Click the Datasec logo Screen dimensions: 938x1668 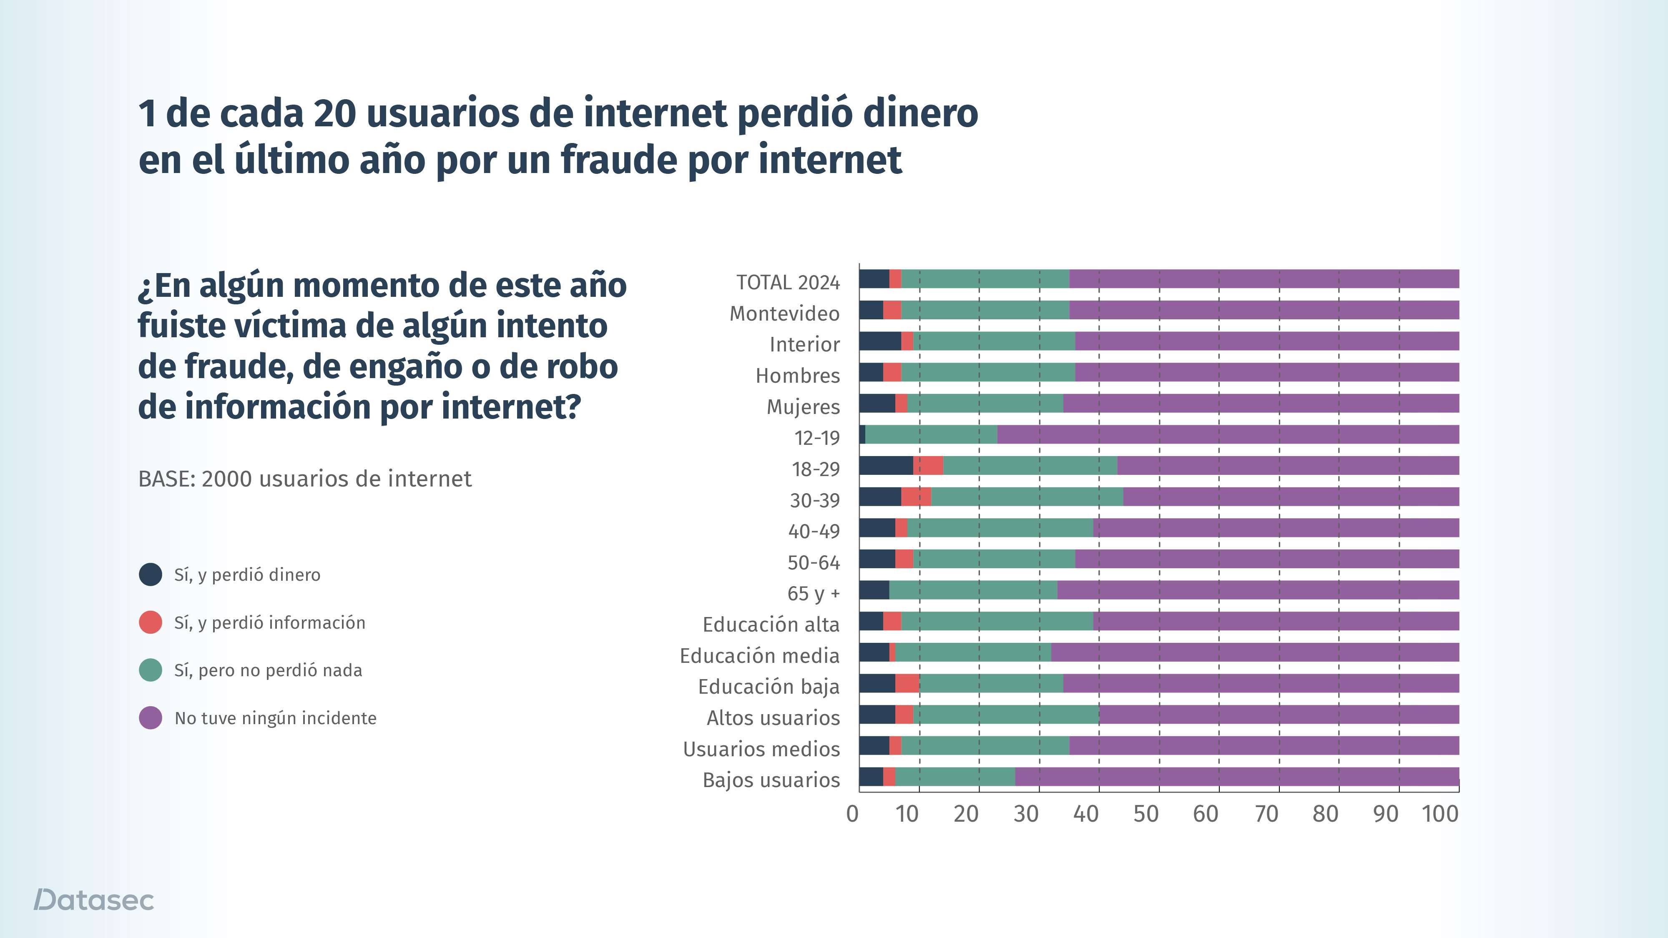[94, 900]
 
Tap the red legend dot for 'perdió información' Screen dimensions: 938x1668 [150, 622]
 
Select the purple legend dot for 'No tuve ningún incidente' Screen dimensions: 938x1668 [150, 718]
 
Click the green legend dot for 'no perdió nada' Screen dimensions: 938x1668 [150, 670]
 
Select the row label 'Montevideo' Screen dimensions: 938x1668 [784, 314]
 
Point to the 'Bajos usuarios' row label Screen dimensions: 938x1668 [771, 780]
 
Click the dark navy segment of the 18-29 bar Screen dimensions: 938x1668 [886, 465]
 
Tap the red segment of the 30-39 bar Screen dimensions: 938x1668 [916, 497]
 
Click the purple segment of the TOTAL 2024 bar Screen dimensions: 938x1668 [1263, 279]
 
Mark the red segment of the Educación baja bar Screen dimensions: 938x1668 [907, 683]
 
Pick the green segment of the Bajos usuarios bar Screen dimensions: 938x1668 [955, 776]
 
